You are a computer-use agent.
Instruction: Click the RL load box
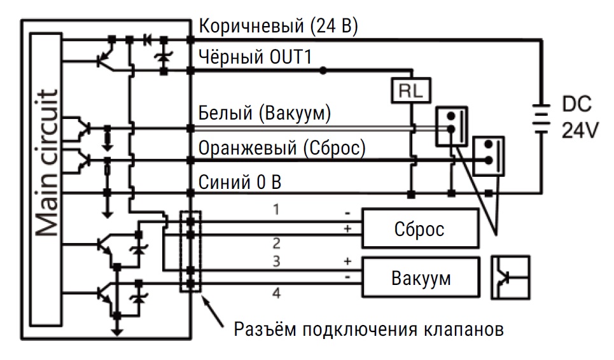coord(411,91)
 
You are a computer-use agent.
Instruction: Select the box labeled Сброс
coord(420,228)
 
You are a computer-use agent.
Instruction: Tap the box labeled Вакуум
coord(421,277)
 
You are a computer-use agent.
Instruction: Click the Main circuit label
coord(47,163)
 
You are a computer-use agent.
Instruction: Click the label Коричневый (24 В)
coord(279,26)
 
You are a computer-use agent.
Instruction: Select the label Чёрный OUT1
coord(255,57)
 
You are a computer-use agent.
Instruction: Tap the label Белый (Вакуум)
coord(265,113)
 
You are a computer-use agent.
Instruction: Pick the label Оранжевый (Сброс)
coord(282,148)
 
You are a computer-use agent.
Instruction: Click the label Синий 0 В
coord(240,183)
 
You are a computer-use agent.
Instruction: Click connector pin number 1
coord(276,210)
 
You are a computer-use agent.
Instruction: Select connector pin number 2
coord(276,244)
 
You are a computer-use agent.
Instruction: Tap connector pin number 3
coord(276,261)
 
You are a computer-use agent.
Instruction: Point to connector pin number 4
coord(276,293)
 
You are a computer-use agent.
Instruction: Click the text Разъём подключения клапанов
coord(368,329)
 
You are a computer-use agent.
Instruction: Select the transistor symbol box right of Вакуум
coord(510,277)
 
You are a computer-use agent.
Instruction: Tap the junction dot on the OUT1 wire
coord(323,71)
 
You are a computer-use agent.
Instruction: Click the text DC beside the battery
coord(577,104)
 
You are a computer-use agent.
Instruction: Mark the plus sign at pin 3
coord(347,261)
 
